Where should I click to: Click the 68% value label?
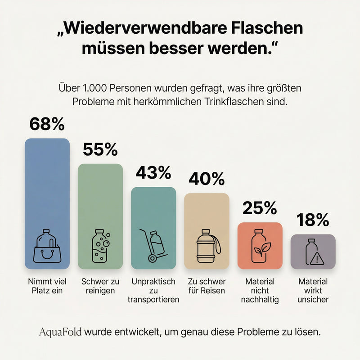[47, 124]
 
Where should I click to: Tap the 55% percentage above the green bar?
[100, 149]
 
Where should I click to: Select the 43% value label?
[153, 173]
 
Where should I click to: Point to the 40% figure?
[206, 179]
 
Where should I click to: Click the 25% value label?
[260, 208]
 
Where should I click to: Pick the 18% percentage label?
[313, 220]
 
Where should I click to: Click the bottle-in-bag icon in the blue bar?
[47, 246]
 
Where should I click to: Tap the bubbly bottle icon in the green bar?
[100, 246]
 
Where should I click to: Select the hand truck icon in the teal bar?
[153, 246]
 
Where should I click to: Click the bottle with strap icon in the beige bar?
[208, 246]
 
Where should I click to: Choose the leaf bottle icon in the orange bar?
[260, 246]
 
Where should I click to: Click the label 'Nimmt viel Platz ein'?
[47, 286]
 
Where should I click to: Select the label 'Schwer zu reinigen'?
[100, 286]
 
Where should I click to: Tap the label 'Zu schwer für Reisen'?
[206, 286]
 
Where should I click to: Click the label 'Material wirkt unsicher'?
[313, 290]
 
